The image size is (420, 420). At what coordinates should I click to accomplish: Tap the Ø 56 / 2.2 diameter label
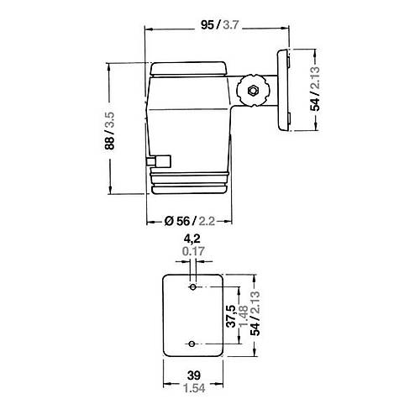coord(188,221)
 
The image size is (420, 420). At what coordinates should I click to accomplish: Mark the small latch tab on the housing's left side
coord(158,160)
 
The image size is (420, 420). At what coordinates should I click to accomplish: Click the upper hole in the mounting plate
coord(193,287)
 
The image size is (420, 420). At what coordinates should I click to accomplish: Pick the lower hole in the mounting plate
coord(193,344)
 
